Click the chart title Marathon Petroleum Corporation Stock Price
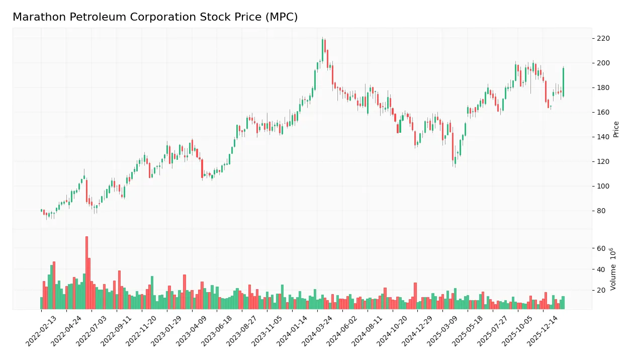tap(155, 17)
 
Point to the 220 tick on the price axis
tap(603, 39)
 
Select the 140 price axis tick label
tap(603, 137)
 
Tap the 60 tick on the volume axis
tap(601, 249)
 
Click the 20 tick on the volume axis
tap(601, 291)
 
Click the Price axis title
tap(616, 129)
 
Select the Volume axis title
tap(614, 269)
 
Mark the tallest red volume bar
tap(86, 273)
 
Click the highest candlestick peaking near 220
tap(323, 50)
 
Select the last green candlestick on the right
tap(563, 82)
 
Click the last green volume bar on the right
tap(563, 303)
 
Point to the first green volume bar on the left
tap(41, 303)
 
